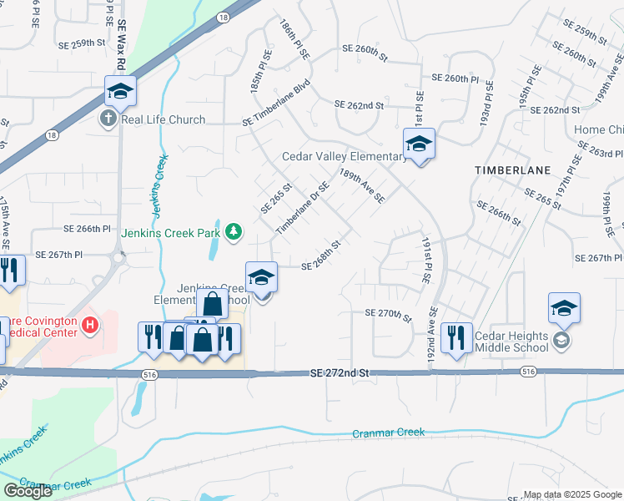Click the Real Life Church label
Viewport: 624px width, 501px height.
pyautogui.click(x=164, y=119)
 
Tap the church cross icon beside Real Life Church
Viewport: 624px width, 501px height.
pyautogui.click(x=108, y=119)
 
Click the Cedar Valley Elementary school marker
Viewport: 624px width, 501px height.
pyautogui.click(x=419, y=144)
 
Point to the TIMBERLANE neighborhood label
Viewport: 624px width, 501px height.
pyautogui.click(x=513, y=170)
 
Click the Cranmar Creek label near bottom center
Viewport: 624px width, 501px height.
pyautogui.click(x=388, y=433)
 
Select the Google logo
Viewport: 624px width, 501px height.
pyautogui.click(x=28, y=491)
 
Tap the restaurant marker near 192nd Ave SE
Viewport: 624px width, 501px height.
pyautogui.click(x=455, y=338)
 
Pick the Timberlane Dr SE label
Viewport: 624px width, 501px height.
pyautogui.click(x=298, y=207)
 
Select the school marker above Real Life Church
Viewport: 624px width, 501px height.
pyautogui.click(x=120, y=92)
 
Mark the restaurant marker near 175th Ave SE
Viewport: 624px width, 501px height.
pyautogui.click(x=9, y=271)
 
